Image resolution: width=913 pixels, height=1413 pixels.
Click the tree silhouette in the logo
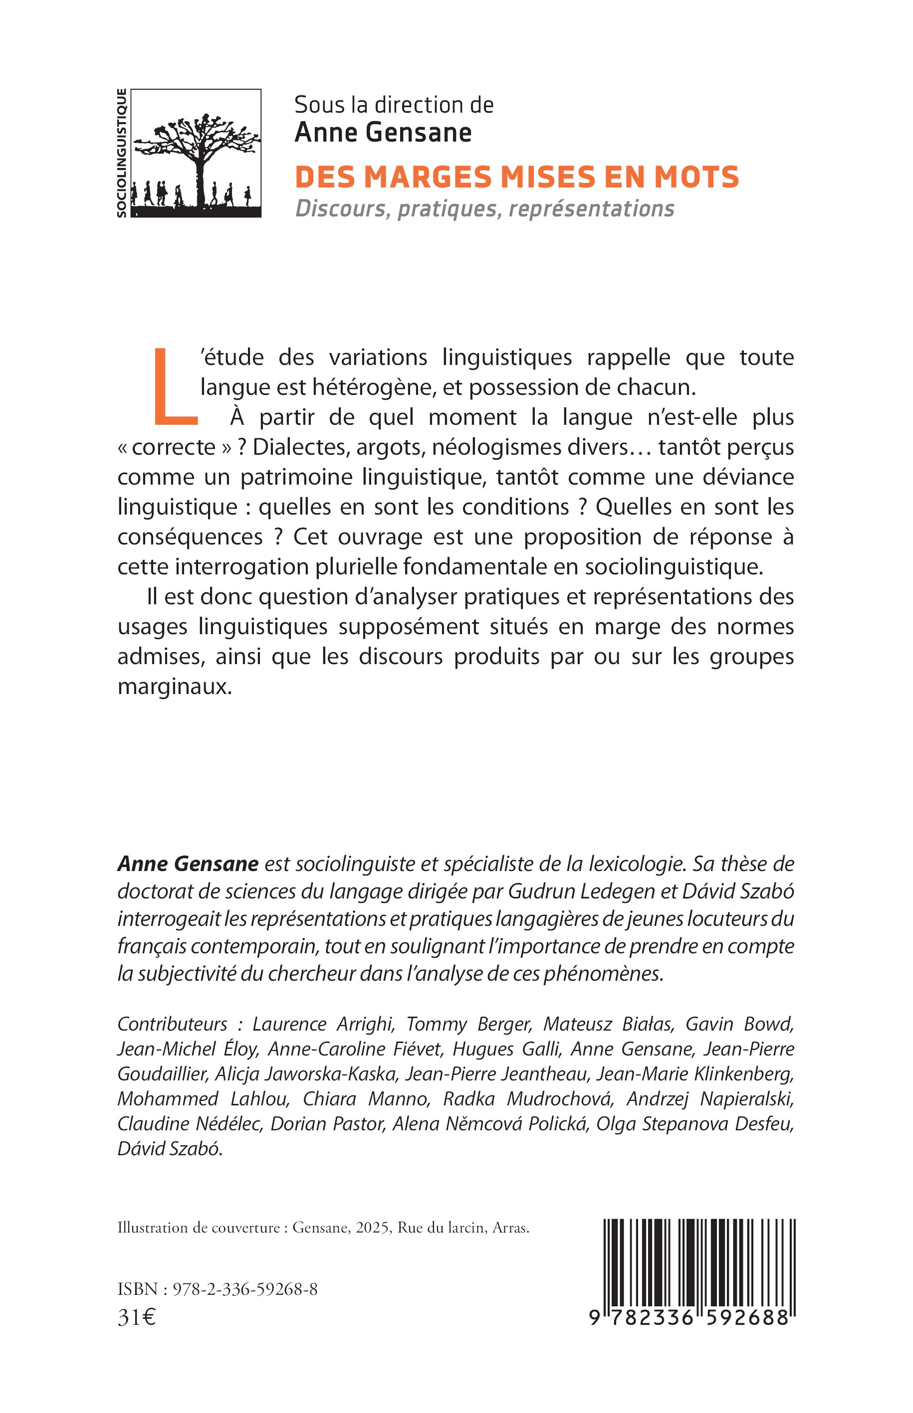click(199, 148)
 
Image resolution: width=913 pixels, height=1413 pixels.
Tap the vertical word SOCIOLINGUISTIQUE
click(122, 153)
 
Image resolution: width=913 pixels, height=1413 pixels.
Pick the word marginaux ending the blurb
click(174, 687)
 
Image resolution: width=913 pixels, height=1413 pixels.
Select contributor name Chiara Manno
click(365, 1099)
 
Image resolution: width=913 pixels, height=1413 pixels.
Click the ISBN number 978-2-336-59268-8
click(245, 1290)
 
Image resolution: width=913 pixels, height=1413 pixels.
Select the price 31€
click(137, 1318)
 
